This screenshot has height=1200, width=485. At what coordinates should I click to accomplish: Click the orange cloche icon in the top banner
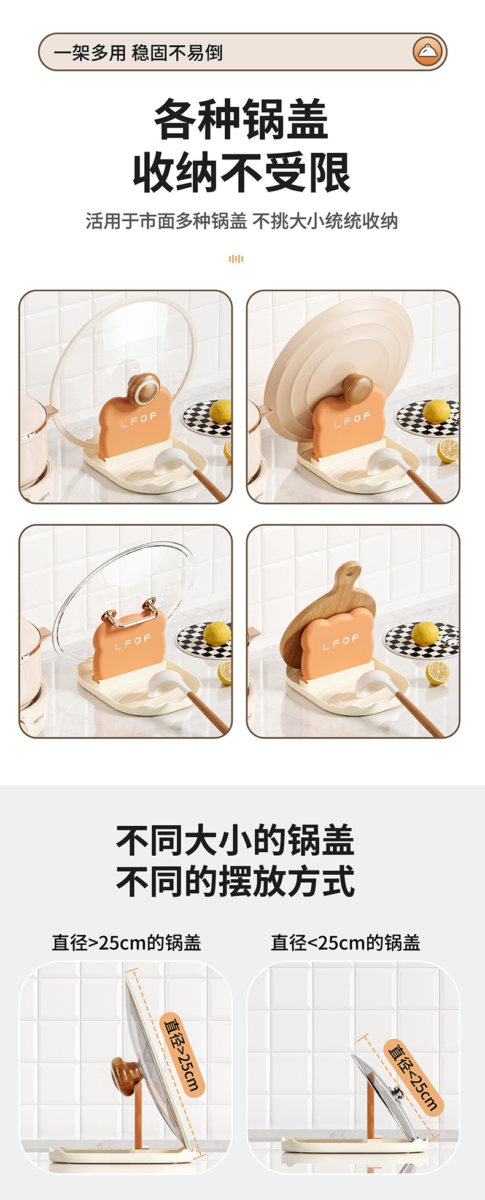click(427, 52)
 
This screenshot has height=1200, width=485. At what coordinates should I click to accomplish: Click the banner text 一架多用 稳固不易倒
click(138, 53)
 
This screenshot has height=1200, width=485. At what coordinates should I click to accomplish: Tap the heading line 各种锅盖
click(241, 120)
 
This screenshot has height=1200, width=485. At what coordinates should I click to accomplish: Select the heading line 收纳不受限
click(242, 173)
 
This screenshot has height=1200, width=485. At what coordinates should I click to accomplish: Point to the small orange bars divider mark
click(236, 259)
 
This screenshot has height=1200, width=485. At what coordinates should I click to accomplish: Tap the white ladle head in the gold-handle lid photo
click(165, 683)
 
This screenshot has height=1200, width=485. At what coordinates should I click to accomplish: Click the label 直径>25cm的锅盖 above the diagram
click(126, 942)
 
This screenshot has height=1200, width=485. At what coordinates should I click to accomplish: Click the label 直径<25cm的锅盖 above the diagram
click(346, 942)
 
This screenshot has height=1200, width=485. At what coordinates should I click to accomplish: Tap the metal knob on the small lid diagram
click(397, 1093)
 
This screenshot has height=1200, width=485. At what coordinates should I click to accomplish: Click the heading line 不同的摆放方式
click(235, 881)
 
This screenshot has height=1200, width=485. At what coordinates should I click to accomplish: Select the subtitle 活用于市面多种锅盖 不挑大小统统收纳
click(242, 221)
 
